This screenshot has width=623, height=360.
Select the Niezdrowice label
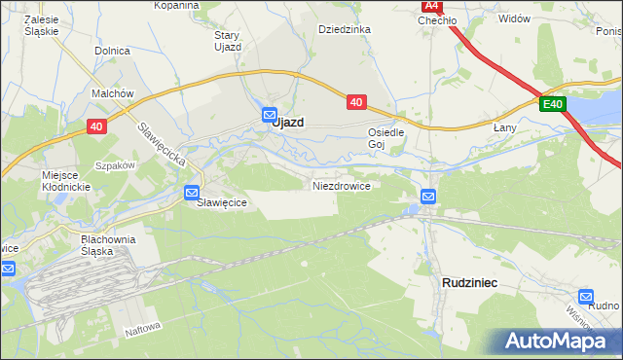(x=341, y=185)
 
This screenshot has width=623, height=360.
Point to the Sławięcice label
(x=223, y=202)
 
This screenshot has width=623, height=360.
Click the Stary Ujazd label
(x=227, y=40)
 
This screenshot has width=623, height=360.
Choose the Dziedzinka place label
(x=345, y=29)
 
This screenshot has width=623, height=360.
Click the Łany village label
(x=504, y=127)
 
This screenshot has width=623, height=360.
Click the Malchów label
(x=112, y=93)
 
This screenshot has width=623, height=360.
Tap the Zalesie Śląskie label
(x=44, y=24)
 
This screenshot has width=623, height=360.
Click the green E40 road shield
(x=553, y=105)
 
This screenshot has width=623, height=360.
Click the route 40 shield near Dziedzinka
(x=355, y=100)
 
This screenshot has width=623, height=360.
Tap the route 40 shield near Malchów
(x=95, y=126)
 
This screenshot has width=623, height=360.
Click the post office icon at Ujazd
(x=270, y=115)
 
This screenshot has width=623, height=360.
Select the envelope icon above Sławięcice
(x=193, y=192)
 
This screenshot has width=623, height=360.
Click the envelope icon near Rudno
(x=586, y=296)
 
